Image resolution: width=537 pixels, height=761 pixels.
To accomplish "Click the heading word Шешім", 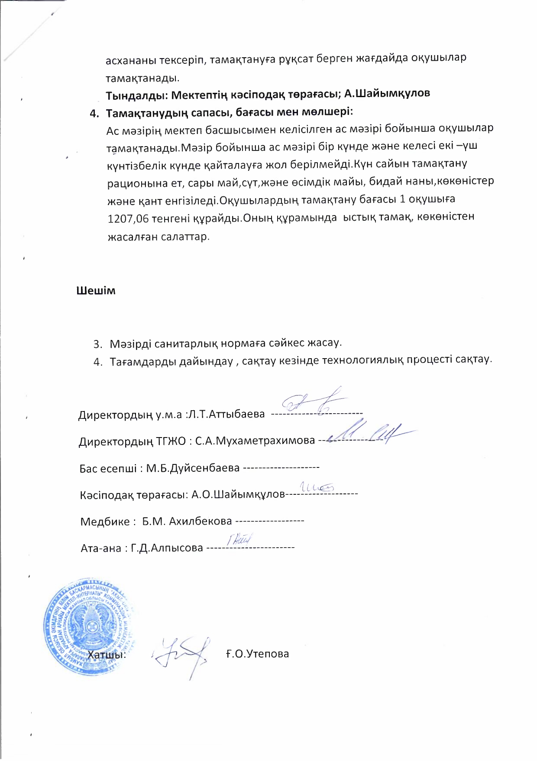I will [x=96, y=291].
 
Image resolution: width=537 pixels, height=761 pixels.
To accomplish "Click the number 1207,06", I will [x=128, y=219].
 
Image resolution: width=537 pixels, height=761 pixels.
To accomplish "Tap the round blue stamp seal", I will [x=89, y=627].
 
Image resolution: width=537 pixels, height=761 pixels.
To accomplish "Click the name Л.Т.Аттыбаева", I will [x=226, y=414].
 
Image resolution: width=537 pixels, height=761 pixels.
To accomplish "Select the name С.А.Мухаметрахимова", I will [x=255, y=441].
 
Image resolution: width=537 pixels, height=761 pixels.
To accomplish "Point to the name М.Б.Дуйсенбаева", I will [x=193, y=468].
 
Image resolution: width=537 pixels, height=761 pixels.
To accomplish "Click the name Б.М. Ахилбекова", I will [x=187, y=521].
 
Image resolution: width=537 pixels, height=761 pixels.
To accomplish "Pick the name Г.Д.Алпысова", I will [x=167, y=548].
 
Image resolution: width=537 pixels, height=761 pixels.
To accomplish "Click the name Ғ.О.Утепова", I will [x=257, y=653].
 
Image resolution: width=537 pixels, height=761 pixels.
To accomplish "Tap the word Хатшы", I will [x=107, y=654].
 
